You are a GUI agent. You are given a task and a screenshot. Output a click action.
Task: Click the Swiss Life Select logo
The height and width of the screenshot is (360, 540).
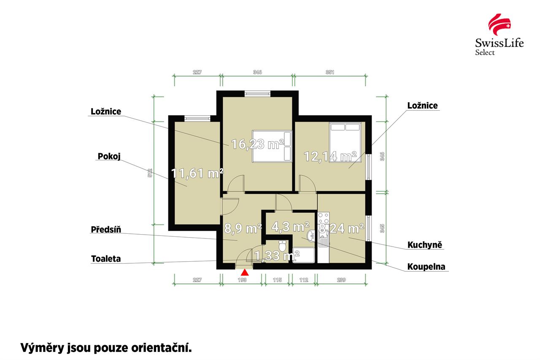pyautogui.click(x=499, y=35)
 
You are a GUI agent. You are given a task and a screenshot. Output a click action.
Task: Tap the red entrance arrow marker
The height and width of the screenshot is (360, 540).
pyautogui.click(x=244, y=273)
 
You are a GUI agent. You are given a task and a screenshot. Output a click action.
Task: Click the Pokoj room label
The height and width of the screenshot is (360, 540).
pyautogui.click(x=109, y=157)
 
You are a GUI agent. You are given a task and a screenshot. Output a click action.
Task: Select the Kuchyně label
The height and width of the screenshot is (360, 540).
pyautogui.click(x=425, y=245)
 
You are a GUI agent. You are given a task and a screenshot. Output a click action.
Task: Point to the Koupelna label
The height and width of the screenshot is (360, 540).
pyautogui.click(x=426, y=267)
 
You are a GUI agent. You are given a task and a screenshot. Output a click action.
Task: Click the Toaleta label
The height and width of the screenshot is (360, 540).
pyautogui.click(x=106, y=259)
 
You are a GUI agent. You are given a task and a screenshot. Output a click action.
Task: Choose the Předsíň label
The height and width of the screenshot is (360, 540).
pyautogui.click(x=106, y=230)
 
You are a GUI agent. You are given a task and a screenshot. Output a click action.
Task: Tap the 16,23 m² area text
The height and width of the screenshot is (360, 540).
pyautogui.click(x=257, y=145)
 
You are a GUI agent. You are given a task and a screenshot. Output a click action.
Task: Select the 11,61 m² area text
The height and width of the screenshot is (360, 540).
pyautogui.click(x=197, y=173)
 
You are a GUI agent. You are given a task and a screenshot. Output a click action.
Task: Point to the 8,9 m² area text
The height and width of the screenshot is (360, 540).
pyautogui.click(x=243, y=229)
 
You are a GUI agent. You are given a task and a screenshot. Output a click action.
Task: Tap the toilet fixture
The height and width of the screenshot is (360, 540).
pyautogui.click(x=283, y=245)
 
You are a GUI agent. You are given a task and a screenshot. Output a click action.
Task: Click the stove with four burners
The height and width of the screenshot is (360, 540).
pyautogui.click(x=324, y=219)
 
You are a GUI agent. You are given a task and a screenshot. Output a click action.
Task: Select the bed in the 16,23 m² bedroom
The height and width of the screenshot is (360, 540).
pyautogui.click(x=273, y=146)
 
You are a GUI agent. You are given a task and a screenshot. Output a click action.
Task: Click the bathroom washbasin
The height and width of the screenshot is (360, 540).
pyautogui.click(x=311, y=236)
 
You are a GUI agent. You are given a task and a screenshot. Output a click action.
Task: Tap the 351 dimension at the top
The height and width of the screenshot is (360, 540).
pyautogui.click(x=330, y=72)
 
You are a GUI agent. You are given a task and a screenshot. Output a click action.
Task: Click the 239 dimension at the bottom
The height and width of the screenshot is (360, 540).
pyautogui.click(x=341, y=280)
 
